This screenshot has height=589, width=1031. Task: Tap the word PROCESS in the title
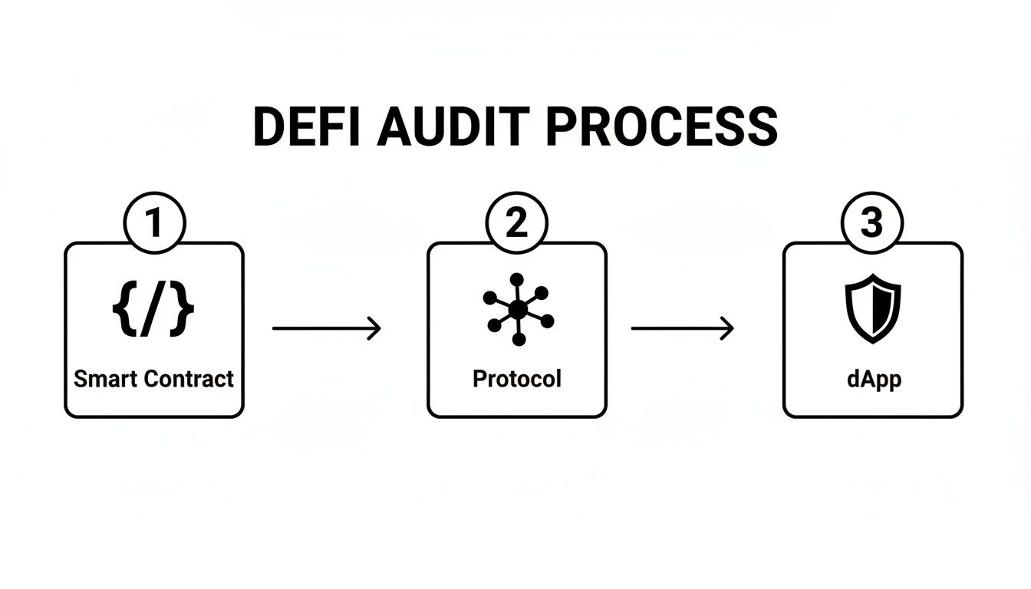pyautogui.click(x=661, y=127)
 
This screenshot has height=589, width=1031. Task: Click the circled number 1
pyautogui.click(x=154, y=223)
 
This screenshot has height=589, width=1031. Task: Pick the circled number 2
pyautogui.click(x=516, y=223)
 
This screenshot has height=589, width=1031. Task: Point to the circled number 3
pyautogui.click(x=872, y=223)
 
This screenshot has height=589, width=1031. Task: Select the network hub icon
pyautogui.click(x=518, y=309)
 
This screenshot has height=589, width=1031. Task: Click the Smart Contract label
pyautogui.click(x=153, y=378)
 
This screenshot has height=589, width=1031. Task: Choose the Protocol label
pyautogui.click(x=516, y=378)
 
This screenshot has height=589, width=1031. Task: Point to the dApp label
pyautogui.click(x=872, y=378)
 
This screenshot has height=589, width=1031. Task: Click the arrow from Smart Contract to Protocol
pyautogui.click(x=326, y=329)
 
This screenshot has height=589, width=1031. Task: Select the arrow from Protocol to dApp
pyautogui.click(x=682, y=329)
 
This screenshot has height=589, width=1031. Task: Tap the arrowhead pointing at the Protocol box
pyautogui.click(x=375, y=329)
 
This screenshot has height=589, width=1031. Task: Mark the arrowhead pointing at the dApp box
pyautogui.click(x=728, y=329)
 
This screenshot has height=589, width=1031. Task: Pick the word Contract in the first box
pyautogui.click(x=189, y=378)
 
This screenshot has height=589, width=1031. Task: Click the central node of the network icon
pyautogui.click(x=518, y=309)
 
